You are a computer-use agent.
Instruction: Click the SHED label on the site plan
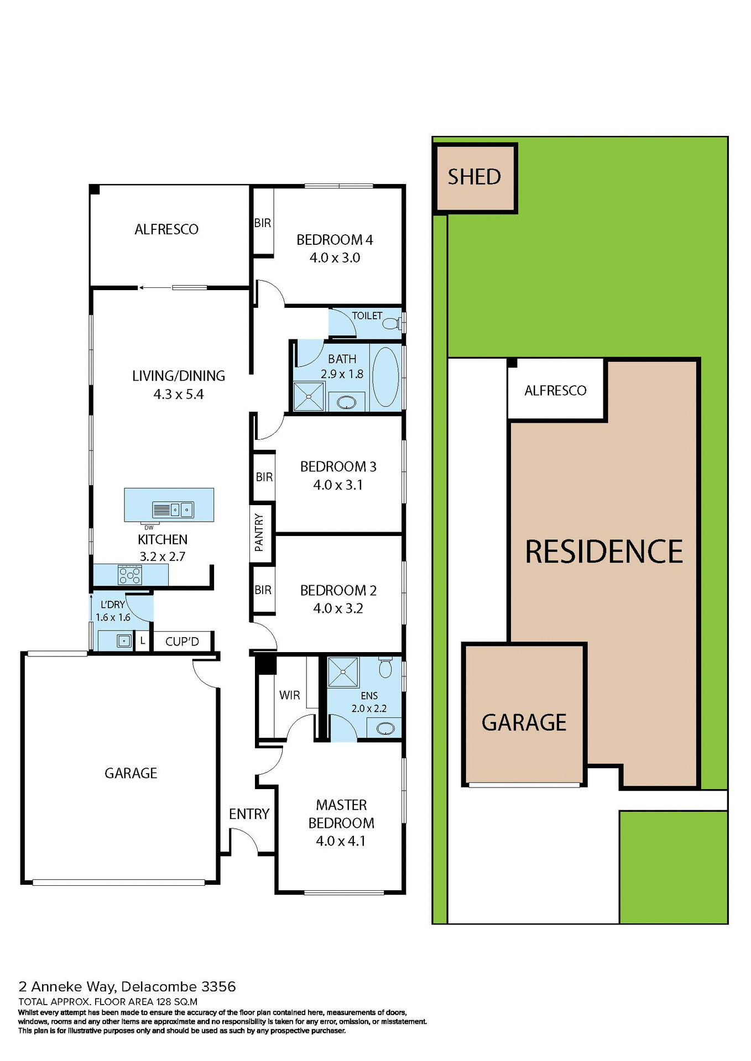tap(474, 177)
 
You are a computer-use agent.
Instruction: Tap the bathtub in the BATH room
tap(385, 377)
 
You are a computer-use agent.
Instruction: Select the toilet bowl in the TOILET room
tap(392, 323)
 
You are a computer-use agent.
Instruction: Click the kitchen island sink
tap(181, 509)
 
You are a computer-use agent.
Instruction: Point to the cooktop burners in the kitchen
tap(130, 575)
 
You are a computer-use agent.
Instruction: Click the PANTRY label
tap(259, 532)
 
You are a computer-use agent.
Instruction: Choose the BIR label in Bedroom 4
tap(263, 223)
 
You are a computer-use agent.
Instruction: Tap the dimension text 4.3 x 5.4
tap(178, 395)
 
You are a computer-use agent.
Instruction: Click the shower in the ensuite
tap(343, 672)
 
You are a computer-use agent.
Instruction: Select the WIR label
tap(289, 695)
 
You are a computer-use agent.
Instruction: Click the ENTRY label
tap(249, 814)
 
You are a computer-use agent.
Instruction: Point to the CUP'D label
tap(182, 642)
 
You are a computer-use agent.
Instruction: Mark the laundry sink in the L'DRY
tap(123, 641)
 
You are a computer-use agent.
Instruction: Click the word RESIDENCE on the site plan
tap(604, 552)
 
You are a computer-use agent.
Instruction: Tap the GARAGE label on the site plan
tap(524, 723)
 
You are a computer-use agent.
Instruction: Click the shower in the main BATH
tap(308, 396)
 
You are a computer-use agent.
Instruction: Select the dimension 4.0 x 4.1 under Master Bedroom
tap(341, 841)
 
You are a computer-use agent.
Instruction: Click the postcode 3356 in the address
tap(219, 986)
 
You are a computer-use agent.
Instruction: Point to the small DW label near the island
tap(149, 528)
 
